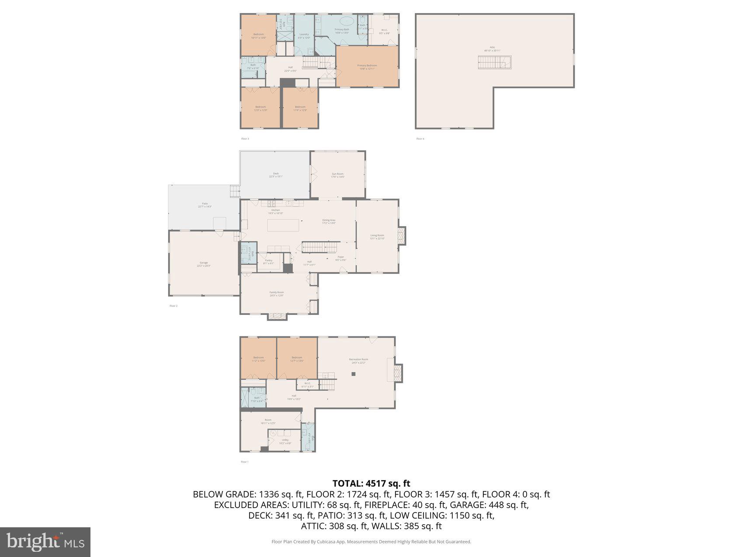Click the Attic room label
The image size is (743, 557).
(492, 49)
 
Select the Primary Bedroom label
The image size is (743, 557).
(367, 67)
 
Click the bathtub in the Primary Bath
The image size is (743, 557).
(347, 20)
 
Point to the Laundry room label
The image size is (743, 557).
(304, 36)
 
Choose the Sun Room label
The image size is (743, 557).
(337, 175)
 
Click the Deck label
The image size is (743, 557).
(276, 175)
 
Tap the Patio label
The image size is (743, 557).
(205, 205)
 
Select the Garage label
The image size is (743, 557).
(204, 264)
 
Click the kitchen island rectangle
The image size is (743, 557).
(283, 225)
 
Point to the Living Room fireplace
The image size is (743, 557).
(402, 236)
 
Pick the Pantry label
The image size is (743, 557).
(268, 262)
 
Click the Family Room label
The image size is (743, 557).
(276, 294)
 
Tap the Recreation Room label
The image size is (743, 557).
(358, 361)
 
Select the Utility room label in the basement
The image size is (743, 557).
(285, 441)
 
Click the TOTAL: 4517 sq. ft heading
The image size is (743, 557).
(371, 483)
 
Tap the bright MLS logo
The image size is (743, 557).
(45, 542)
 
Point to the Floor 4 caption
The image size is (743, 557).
(420, 139)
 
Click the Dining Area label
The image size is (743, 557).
(329, 221)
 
